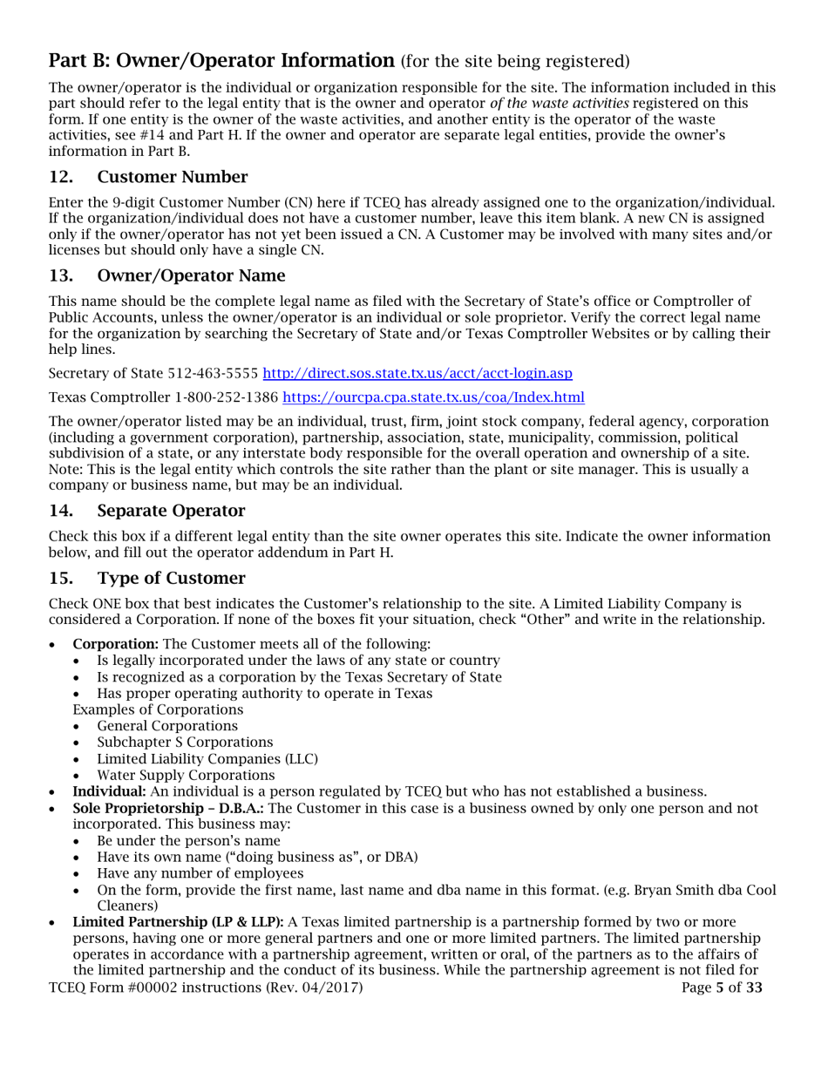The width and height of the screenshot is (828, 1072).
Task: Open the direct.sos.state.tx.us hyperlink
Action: [417, 374]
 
